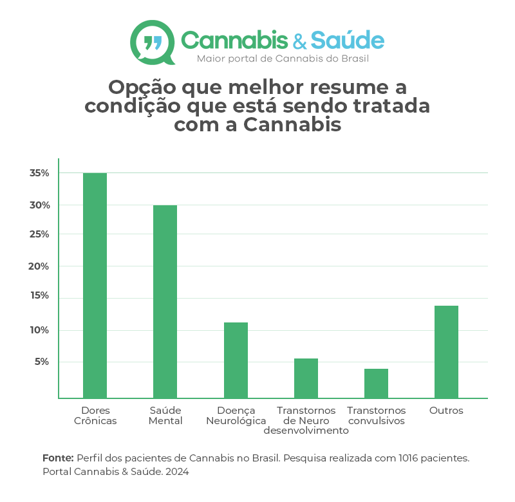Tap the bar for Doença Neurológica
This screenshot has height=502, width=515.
236,360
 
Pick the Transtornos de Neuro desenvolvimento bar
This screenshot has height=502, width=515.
306,378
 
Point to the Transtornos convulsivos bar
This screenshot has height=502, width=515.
376,383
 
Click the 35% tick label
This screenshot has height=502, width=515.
39,173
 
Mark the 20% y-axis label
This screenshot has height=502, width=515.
39,266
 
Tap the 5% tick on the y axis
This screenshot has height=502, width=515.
41,362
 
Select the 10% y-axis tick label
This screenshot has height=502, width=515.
39,330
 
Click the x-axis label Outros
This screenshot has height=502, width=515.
446,411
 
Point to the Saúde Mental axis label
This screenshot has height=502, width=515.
165,416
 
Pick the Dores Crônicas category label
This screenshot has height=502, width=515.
95,416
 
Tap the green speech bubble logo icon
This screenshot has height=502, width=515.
153,42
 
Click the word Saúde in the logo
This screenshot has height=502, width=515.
347,41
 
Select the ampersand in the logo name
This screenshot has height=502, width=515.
299,42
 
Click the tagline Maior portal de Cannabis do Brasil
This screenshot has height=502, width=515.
283,59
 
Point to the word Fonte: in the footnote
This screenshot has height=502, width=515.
58,458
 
